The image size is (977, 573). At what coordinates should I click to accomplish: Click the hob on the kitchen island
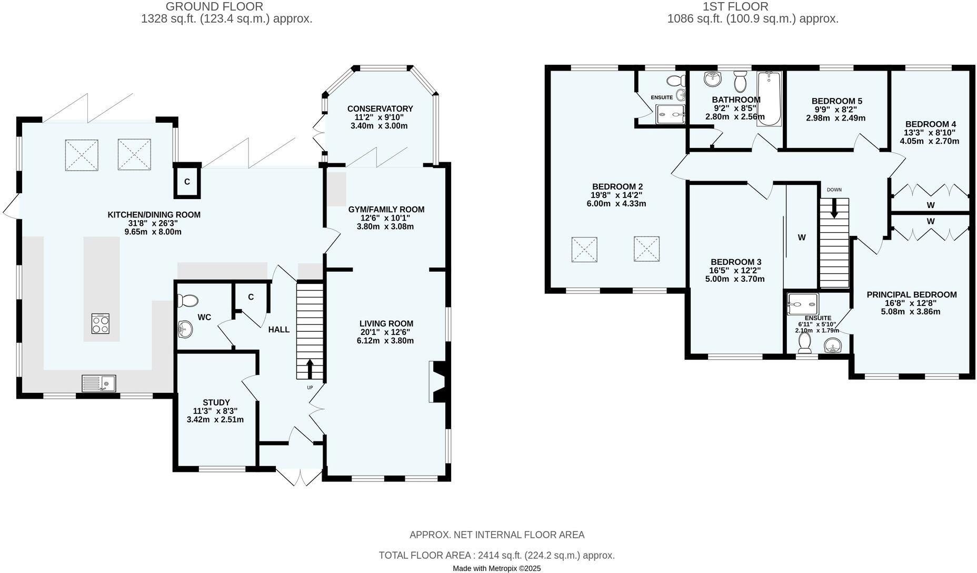101,323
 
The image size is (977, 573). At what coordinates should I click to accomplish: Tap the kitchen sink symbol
99,383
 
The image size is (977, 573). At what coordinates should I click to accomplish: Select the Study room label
216,402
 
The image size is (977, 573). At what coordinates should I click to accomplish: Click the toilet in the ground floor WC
187,301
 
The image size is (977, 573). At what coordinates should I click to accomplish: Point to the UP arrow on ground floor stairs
309,368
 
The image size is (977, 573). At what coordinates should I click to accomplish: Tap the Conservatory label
380,108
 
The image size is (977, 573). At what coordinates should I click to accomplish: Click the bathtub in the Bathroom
770,98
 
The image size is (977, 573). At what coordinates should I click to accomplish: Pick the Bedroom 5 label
836,101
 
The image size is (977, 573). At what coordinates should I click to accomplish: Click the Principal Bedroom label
911,294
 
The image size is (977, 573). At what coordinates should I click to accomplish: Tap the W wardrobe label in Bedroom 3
801,238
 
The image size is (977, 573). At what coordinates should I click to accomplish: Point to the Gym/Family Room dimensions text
386,222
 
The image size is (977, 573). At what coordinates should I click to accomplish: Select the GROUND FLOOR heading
214,6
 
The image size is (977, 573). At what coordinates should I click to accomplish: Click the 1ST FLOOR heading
735,6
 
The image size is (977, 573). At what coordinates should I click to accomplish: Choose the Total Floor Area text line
496,555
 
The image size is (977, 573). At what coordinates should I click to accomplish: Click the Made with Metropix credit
496,568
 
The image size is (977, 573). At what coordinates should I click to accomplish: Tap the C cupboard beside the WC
251,297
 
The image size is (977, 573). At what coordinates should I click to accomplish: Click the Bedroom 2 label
617,186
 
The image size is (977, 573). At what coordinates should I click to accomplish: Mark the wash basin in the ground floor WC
185,330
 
